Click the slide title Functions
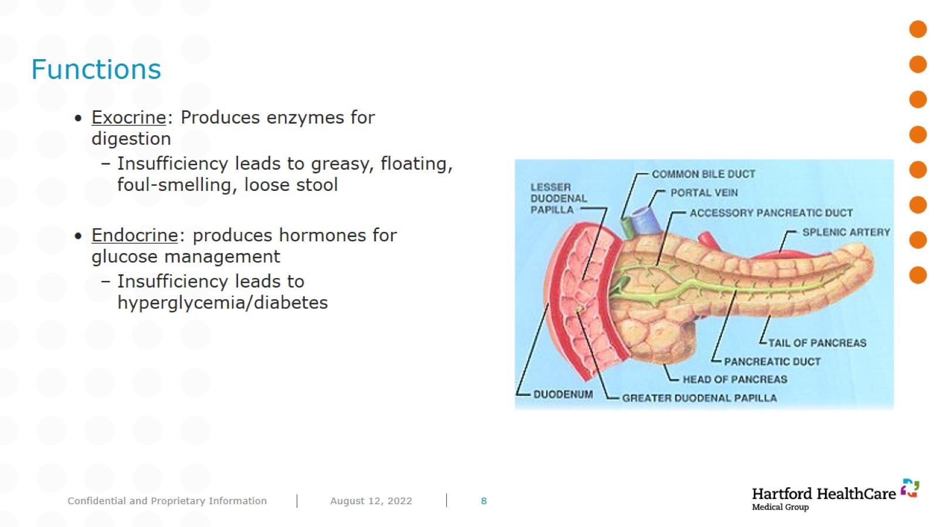pos(96,69)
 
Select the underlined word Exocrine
pos(129,118)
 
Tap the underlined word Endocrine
pos(135,235)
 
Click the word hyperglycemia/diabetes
pos(223,303)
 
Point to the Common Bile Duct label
pos(704,174)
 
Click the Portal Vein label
pos(704,193)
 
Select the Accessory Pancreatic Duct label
pos(771,213)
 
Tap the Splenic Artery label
pos(846,232)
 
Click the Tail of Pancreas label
pos(817,343)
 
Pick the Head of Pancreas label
pos(735,379)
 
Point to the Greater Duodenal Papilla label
pos(699,398)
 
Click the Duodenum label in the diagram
pos(563,395)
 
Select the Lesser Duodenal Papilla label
pos(559,199)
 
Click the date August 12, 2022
pos(371,501)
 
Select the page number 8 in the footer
pos(484,501)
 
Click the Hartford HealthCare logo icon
pos(910,488)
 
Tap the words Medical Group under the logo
pos(780,507)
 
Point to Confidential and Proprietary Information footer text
pos(167,501)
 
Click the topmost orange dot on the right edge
pos(918,29)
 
